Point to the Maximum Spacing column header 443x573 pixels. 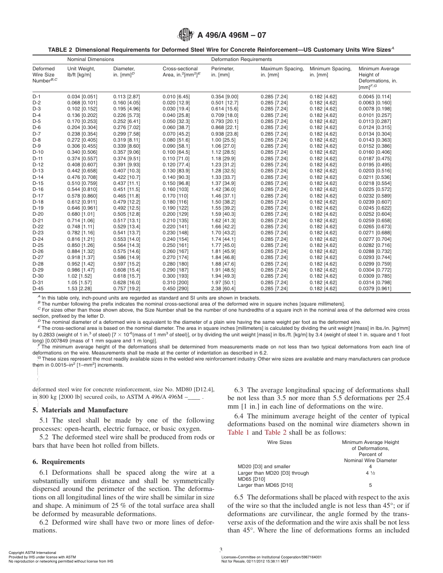282,68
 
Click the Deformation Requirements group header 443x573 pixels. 241,59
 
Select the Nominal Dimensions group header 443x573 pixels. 90,59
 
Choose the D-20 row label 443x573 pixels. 38,214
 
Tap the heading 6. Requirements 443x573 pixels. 59,462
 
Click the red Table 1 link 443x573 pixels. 238,432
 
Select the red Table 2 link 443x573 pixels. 276,432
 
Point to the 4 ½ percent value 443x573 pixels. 370,473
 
